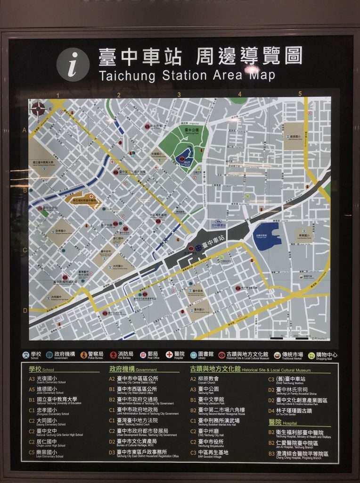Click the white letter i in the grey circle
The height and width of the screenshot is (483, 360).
[73, 65]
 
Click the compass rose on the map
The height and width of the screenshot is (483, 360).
[38, 108]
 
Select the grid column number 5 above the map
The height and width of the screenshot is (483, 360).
[300, 93]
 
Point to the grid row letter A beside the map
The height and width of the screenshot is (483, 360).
[24, 130]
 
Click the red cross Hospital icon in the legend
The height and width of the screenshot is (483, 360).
[169, 355]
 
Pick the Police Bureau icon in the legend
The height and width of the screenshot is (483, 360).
[85, 355]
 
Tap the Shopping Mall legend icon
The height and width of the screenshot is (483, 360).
[311, 355]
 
